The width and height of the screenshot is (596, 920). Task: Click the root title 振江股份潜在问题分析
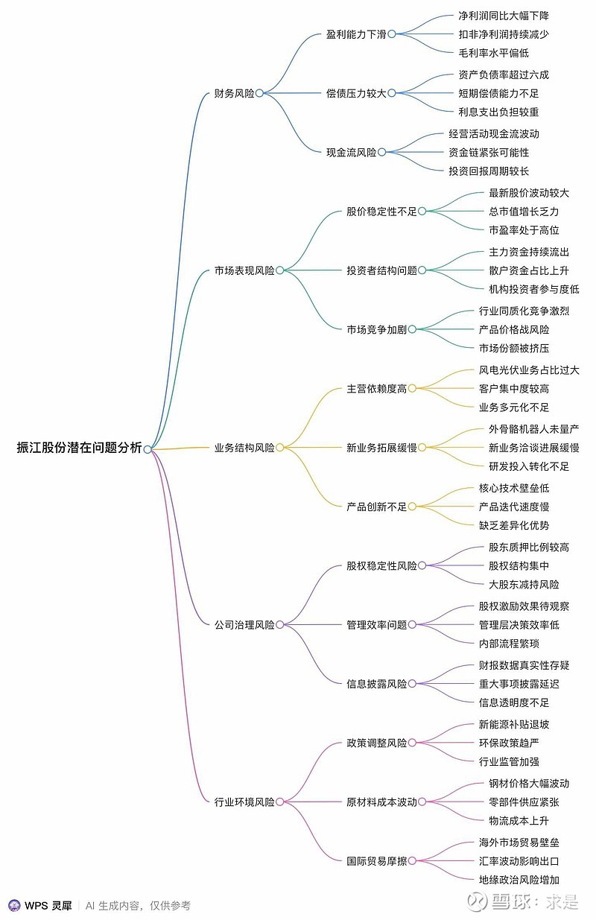[x=79, y=448]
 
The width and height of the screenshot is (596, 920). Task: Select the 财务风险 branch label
[x=234, y=93]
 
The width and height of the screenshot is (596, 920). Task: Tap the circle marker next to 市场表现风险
[x=279, y=270]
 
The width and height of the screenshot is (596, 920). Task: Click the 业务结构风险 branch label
[x=244, y=448]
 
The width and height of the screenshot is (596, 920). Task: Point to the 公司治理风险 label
[x=244, y=625]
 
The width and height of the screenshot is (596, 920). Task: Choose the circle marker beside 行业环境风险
[x=279, y=802]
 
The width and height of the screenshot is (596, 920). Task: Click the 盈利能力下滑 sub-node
[x=356, y=34]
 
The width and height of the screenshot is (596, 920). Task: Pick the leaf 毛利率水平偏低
[x=493, y=53]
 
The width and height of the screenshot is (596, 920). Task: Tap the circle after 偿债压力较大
[x=392, y=93]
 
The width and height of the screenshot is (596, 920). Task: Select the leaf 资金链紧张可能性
[x=489, y=153]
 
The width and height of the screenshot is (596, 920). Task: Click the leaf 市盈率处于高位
[x=524, y=230]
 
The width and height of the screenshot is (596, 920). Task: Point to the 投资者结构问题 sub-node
[x=381, y=270]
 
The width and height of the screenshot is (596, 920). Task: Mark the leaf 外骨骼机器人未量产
[x=533, y=429]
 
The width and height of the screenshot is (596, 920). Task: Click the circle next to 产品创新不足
[x=412, y=507]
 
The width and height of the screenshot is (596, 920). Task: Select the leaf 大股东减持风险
[x=524, y=584]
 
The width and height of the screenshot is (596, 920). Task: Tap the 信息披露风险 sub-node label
[x=376, y=684]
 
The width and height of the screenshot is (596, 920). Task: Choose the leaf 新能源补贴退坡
[x=514, y=724]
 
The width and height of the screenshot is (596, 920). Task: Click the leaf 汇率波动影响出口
[x=519, y=861]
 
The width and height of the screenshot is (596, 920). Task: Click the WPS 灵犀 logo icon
[x=15, y=906]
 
